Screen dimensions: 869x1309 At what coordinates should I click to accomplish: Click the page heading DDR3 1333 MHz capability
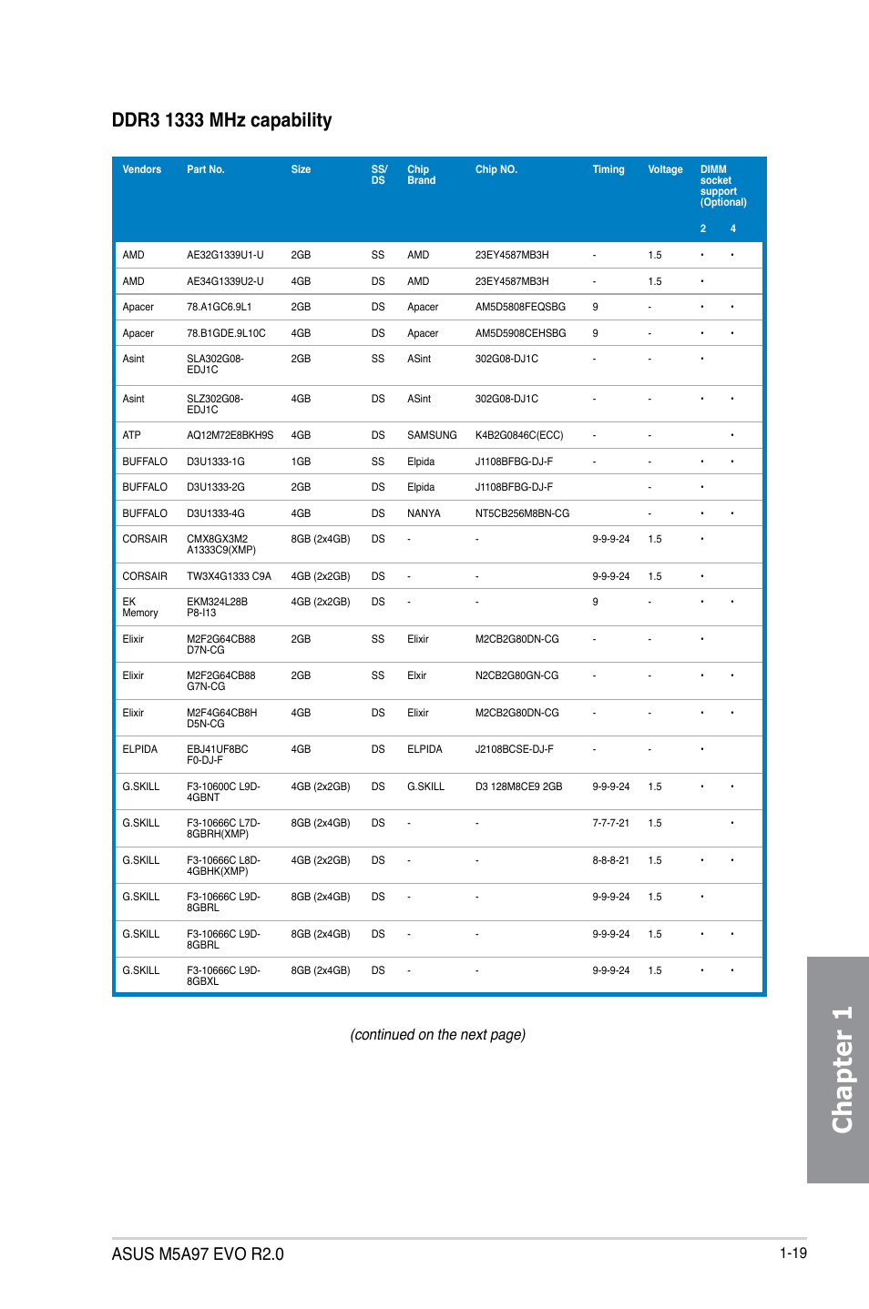click(x=221, y=120)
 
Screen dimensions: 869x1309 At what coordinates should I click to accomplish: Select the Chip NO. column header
click(x=496, y=169)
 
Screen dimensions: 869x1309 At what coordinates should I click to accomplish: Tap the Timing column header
click(x=608, y=169)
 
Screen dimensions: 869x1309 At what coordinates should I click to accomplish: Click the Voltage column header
click(x=665, y=169)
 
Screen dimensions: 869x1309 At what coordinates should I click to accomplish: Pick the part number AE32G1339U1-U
click(x=225, y=255)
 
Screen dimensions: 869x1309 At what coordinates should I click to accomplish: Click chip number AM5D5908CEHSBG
click(x=520, y=333)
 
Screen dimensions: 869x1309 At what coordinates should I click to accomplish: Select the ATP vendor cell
click(x=131, y=435)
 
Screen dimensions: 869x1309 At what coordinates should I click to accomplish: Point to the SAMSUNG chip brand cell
click(x=432, y=435)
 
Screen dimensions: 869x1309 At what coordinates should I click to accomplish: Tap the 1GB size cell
click(x=301, y=462)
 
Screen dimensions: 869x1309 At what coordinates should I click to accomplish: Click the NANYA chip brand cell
click(x=424, y=513)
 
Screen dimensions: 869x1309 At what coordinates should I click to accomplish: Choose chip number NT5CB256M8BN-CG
click(x=522, y=513)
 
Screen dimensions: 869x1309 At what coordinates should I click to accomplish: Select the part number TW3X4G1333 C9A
click(x=229, y=576)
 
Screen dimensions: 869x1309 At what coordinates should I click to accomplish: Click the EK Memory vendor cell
click(x=139, y=607)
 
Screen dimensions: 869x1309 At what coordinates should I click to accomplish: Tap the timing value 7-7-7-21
click(x=610, y=823)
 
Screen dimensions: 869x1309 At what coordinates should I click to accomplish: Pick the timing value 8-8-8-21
click(x=610, y=860)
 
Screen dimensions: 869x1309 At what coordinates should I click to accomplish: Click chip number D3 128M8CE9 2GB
click(x=518, y=786)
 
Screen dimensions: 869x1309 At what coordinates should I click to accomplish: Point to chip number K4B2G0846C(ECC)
click(x=519, y=435)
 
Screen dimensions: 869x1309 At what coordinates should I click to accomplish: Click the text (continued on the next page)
click(x=437, y=1034)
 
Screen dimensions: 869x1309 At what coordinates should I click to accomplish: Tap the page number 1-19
click(x=792, y=1253)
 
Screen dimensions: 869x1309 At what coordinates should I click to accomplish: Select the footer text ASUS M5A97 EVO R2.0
click(x=198, y=1253)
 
